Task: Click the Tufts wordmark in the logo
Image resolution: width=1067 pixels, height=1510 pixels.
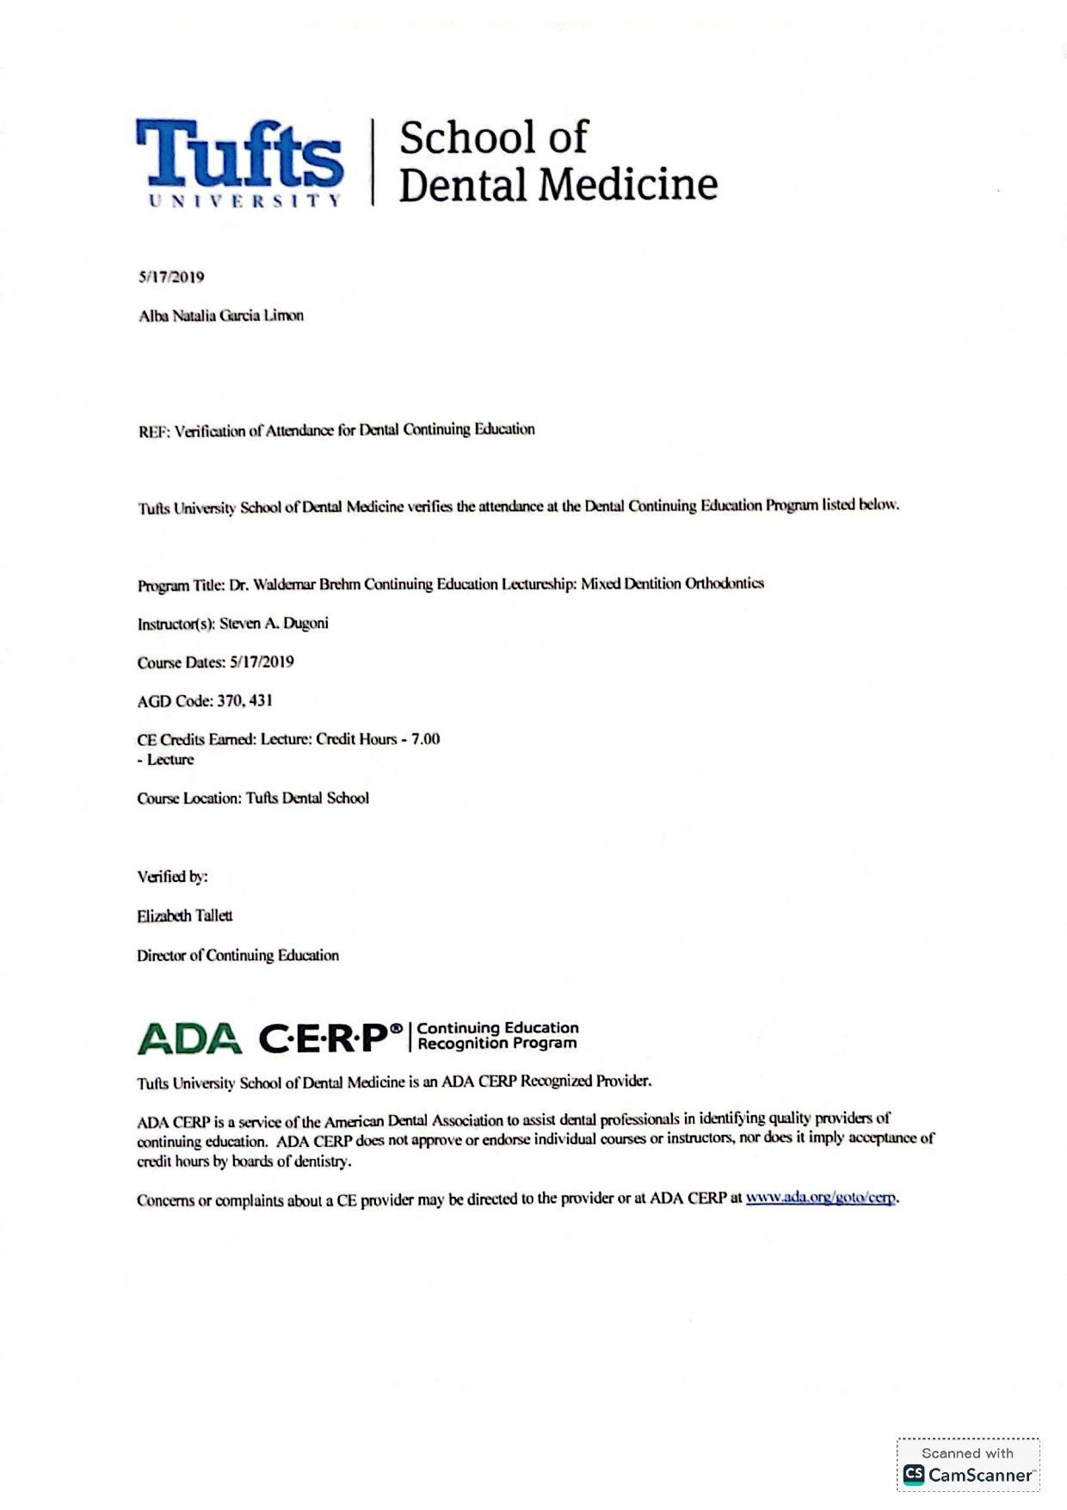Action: pos(239,154)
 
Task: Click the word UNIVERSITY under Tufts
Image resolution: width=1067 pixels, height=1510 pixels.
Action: pos(245,200)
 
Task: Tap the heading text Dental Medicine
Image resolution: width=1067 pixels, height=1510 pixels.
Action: pos(558,185)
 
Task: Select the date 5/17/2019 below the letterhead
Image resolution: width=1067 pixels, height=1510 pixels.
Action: pos(171,277)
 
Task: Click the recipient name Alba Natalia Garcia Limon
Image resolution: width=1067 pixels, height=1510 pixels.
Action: pos(221,316)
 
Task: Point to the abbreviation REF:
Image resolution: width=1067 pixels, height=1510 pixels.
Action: pos(154,431)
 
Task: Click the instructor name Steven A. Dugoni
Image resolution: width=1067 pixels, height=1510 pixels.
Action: pos(274,623)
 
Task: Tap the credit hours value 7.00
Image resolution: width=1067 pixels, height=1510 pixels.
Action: pos(425,739)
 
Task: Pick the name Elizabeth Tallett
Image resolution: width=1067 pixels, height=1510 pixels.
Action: pos(184,915)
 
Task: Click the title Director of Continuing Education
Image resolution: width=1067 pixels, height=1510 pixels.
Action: pos(237,955)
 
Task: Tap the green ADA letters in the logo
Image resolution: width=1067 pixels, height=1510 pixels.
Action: pos(189,1039)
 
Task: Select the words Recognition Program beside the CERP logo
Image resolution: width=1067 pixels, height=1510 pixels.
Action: pos(496,1044)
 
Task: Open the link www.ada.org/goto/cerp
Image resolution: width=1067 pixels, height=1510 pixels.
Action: pos(821,1198)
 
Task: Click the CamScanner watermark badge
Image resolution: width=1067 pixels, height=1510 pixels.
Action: pos(967,1464)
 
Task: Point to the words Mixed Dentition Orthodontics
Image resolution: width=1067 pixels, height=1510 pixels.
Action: pos(672,583)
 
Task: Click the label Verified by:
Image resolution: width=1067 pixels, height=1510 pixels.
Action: pos(172,877)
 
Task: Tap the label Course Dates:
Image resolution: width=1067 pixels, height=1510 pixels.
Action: pos(181,663)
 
